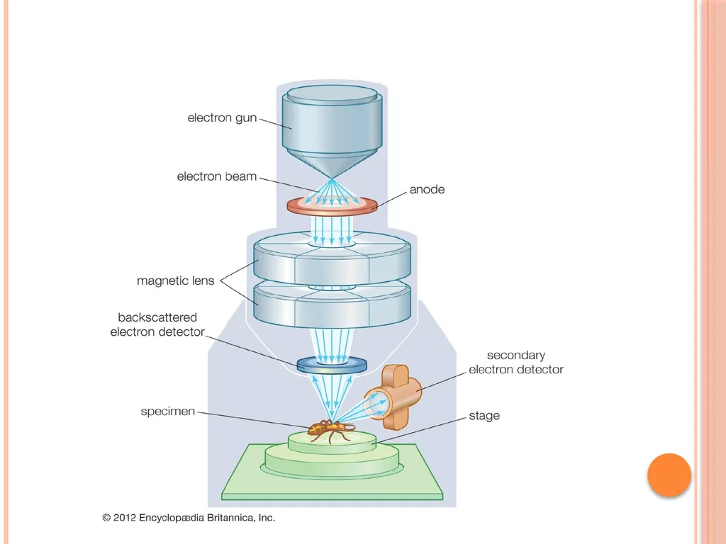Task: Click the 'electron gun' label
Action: point(222,118)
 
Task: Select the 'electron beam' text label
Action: point(217,176)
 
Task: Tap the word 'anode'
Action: point(427,189)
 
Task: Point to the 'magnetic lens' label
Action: point(176,280)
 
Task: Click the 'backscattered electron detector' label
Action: point(157,324)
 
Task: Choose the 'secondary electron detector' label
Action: point(516,362)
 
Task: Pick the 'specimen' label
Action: point(167,412)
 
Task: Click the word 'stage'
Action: point(484,415)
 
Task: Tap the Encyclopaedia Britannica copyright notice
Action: point(189,518)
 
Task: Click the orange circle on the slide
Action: point(669,475)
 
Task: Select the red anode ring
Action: point(332,205)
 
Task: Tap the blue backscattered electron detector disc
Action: point(332,365)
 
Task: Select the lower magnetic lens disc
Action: point(332,305)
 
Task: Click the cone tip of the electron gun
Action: point(332,178)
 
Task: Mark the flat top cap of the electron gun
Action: point(332,94)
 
